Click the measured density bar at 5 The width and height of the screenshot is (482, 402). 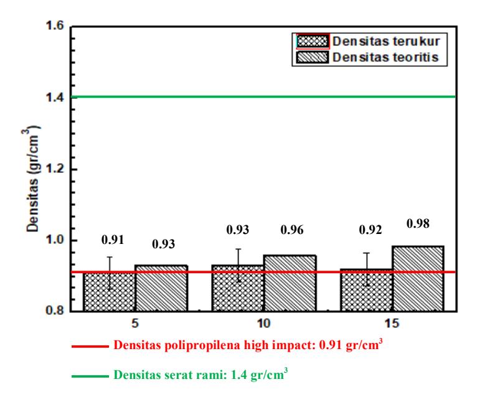109,291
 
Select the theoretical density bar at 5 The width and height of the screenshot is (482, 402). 161,288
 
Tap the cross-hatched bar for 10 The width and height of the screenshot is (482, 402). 238,288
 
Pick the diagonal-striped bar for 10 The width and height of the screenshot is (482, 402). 290,283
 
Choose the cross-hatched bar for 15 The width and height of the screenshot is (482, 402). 366,290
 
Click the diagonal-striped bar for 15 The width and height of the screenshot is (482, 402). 418,279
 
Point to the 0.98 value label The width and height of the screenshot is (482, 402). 418,223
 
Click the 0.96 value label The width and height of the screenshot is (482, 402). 291,230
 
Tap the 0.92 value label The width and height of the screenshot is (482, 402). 371,230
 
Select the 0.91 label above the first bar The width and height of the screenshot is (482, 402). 113,240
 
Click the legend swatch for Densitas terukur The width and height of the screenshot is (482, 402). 313,41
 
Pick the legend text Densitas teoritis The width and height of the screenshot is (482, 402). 385,57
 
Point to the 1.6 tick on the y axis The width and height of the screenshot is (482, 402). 55,26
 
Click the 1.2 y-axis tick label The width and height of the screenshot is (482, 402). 55,169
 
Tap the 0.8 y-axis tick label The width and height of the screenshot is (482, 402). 55,311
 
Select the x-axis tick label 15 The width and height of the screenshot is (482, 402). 392,324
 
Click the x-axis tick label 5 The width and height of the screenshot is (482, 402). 135,324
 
